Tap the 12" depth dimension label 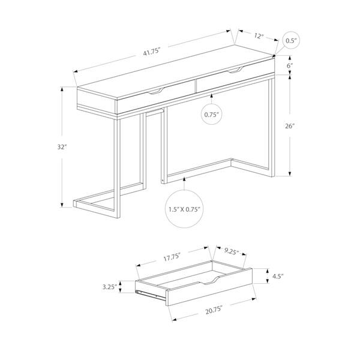tap(259, 36)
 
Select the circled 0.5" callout tap(292, 41)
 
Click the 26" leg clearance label tap(290, 126)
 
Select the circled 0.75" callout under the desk tap(211, 113)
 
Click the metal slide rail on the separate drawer tap(150, 294)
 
